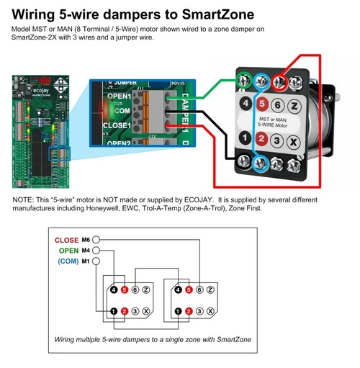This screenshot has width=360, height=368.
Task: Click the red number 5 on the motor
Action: pyautogui.click(x=261, y=104)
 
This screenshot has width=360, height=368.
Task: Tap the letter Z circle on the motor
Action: pyautogui.click(x=294, y=104)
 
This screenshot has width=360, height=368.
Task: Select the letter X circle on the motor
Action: pyautogui.click(x=294, y=142)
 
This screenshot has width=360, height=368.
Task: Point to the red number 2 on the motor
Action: pyautogui.click(x=261, y=142)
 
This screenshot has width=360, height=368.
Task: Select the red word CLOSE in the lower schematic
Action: pyautogui.click(x=66, y=239)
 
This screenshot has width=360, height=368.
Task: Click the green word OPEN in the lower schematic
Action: pyautogui.click(x=67, y=250)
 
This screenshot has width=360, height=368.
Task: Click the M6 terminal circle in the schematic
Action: pyautogui.click(x=96, y=239)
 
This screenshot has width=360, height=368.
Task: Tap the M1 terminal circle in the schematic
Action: pyautogui.click(x=96, y=261)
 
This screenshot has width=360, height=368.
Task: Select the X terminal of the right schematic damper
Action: pyautogui.click(x=209, y=311)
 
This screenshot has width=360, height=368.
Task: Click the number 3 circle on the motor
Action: pyautogui.click(x=278, y=142)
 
